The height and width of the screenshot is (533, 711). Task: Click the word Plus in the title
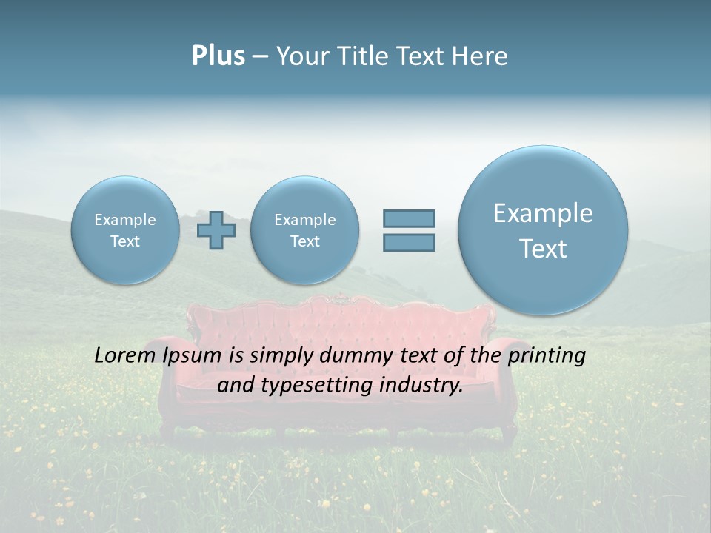218,56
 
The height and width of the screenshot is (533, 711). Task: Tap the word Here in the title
479,56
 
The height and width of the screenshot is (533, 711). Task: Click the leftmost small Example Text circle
125,230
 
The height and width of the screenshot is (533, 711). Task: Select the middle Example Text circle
304,230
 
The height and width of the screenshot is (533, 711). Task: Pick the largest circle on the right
543,230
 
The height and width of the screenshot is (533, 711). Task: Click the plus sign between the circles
216,230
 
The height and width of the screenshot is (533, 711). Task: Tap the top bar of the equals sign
409,218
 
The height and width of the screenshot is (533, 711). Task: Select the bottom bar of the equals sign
409,242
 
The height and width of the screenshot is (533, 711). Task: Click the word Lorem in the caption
125,355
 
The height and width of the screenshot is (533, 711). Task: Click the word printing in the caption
547,356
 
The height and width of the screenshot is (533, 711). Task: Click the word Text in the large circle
543,249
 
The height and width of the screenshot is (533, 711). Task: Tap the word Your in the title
301,56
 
